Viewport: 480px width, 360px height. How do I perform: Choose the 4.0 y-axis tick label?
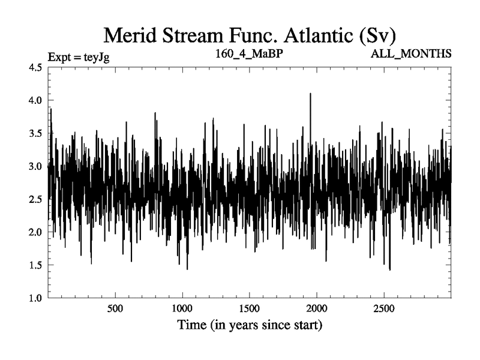35,100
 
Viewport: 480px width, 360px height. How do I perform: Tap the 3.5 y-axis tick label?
35,133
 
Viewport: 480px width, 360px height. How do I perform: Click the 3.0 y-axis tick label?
35,166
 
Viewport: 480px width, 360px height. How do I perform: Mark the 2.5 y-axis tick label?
35,199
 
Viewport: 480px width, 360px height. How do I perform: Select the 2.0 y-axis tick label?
35,232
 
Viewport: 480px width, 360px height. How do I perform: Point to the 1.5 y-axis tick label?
35,265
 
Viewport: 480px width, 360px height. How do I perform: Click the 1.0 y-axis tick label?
35,298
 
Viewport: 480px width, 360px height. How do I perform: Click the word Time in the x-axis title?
191,326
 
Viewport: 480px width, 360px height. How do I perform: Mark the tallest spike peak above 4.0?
310,94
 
